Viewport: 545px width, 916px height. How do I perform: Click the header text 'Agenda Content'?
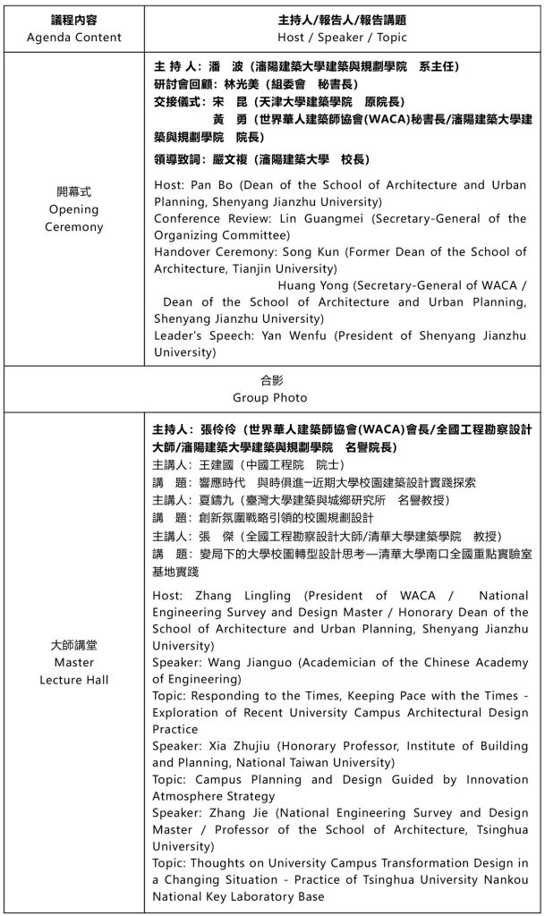(73, 38)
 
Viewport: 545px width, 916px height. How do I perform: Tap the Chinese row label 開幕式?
(73, 191)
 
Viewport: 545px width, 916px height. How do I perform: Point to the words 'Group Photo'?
(269, 397)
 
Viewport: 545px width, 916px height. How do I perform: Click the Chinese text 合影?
(269, 379)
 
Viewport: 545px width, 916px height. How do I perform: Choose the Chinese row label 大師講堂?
(73, 646)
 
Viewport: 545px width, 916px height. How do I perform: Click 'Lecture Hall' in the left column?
(73, 680)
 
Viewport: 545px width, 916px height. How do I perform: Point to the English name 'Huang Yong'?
(312, 285)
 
